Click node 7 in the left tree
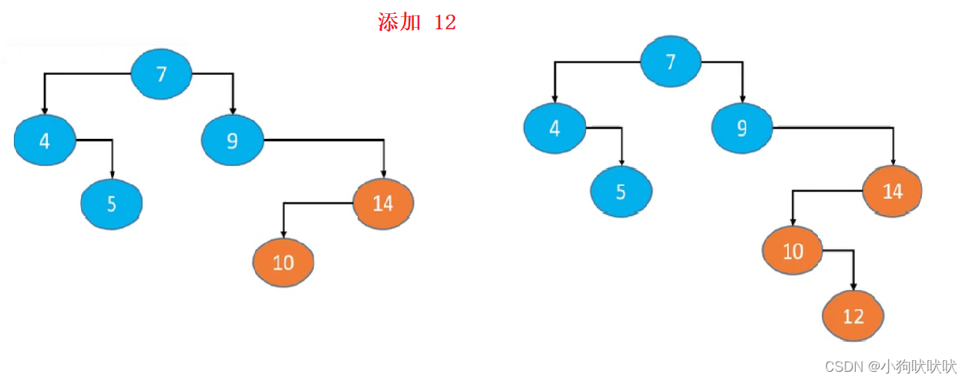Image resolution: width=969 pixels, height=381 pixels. pyautogui.click(x=161, y=74)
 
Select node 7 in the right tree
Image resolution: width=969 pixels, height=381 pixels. pyautogui.click(x=671, y=62)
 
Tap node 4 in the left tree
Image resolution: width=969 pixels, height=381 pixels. pyautogui.click(x=45, y=140)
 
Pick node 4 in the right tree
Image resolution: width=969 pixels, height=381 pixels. pyautogui.click(x=554, y=128)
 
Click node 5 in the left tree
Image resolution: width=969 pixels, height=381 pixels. pyautogui.click(x=112, y=204)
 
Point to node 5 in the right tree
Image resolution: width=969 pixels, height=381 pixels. pyautogui.click(x=621, y=191)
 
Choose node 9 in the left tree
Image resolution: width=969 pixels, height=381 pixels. pyautogui.click(x=232, y=140)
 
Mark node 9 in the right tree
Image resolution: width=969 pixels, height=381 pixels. pyautogui.click(x=742, y=128)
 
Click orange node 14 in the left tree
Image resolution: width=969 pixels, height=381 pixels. pyautogui.click(x=383, y=203)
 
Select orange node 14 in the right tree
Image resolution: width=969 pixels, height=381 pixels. pyautogui.click(x=893, y=190)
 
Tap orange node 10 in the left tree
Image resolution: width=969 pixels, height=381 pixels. pyautogui.click(x=283, y=262)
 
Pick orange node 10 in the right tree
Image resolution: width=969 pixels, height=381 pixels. pyautogui.click(x=792, y=251)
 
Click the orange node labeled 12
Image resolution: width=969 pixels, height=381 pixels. pyautogui.click(x=853, y=315)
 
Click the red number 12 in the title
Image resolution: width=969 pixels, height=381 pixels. pyautogui.click(x=445, y=22)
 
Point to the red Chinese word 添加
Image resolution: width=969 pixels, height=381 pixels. pyautogui.click(x=399, y=22)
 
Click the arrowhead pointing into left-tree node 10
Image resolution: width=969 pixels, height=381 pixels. pyautogui.click(x=283, y=234)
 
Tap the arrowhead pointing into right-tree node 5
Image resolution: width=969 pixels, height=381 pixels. pyautogui.click(x=621, y=162)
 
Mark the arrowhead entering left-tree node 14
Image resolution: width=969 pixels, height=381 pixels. pyautogui.click(x=383, y=174)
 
